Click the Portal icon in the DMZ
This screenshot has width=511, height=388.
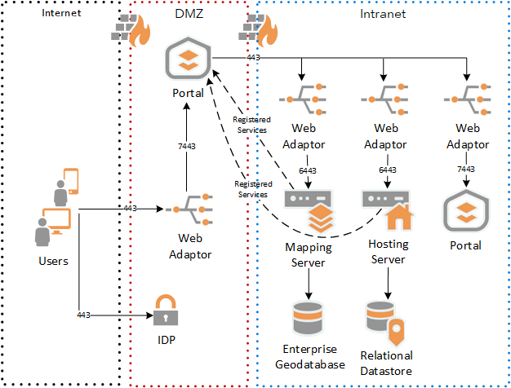click(188, 62)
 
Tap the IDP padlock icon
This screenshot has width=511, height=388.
click(166, 310)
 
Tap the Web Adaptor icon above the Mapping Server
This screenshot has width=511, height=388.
click(304, 100)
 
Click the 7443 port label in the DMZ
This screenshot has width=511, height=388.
click(188, 147)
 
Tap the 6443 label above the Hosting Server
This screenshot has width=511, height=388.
click(388, 170)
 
